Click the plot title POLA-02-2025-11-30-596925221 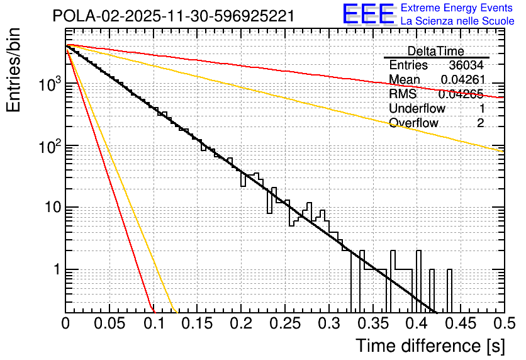[173, 16]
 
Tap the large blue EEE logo [369, 15]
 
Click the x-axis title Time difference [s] [429, 346]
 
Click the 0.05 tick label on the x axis [109, 323]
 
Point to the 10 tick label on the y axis [49, 208]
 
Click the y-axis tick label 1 [55, 269]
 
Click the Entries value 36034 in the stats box [466, 65]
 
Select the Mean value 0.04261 [462, 80]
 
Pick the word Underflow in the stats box [417, 109]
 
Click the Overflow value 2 [480, 123]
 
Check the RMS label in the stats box [403, 94]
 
